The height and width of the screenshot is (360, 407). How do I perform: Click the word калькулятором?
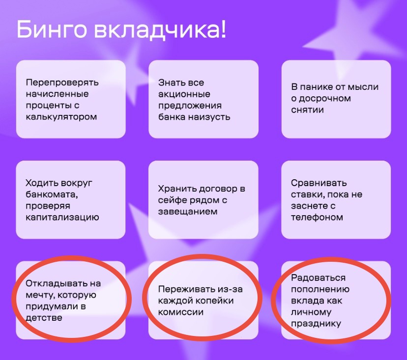pos(61,117)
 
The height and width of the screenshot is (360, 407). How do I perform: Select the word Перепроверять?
pos(62,83)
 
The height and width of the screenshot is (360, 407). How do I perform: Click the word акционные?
pos(184,94)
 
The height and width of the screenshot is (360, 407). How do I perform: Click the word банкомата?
pos(52,195)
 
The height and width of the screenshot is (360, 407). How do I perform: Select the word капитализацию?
pos(62,218)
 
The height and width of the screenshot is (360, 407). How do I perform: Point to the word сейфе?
pos(173,200)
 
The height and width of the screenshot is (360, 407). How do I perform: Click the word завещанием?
pos(188,212)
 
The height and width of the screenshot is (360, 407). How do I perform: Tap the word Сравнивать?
pos(319,183)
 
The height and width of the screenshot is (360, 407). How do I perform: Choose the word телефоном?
pos(317,217)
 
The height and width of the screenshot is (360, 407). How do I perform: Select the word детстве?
pos(44,318)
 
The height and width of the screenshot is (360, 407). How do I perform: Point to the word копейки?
pos(215,301)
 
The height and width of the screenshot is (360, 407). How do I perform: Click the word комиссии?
pos(181,312)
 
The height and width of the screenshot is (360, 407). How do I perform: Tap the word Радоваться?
pos(318,278)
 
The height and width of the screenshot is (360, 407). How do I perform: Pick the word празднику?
pos(316,324)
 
